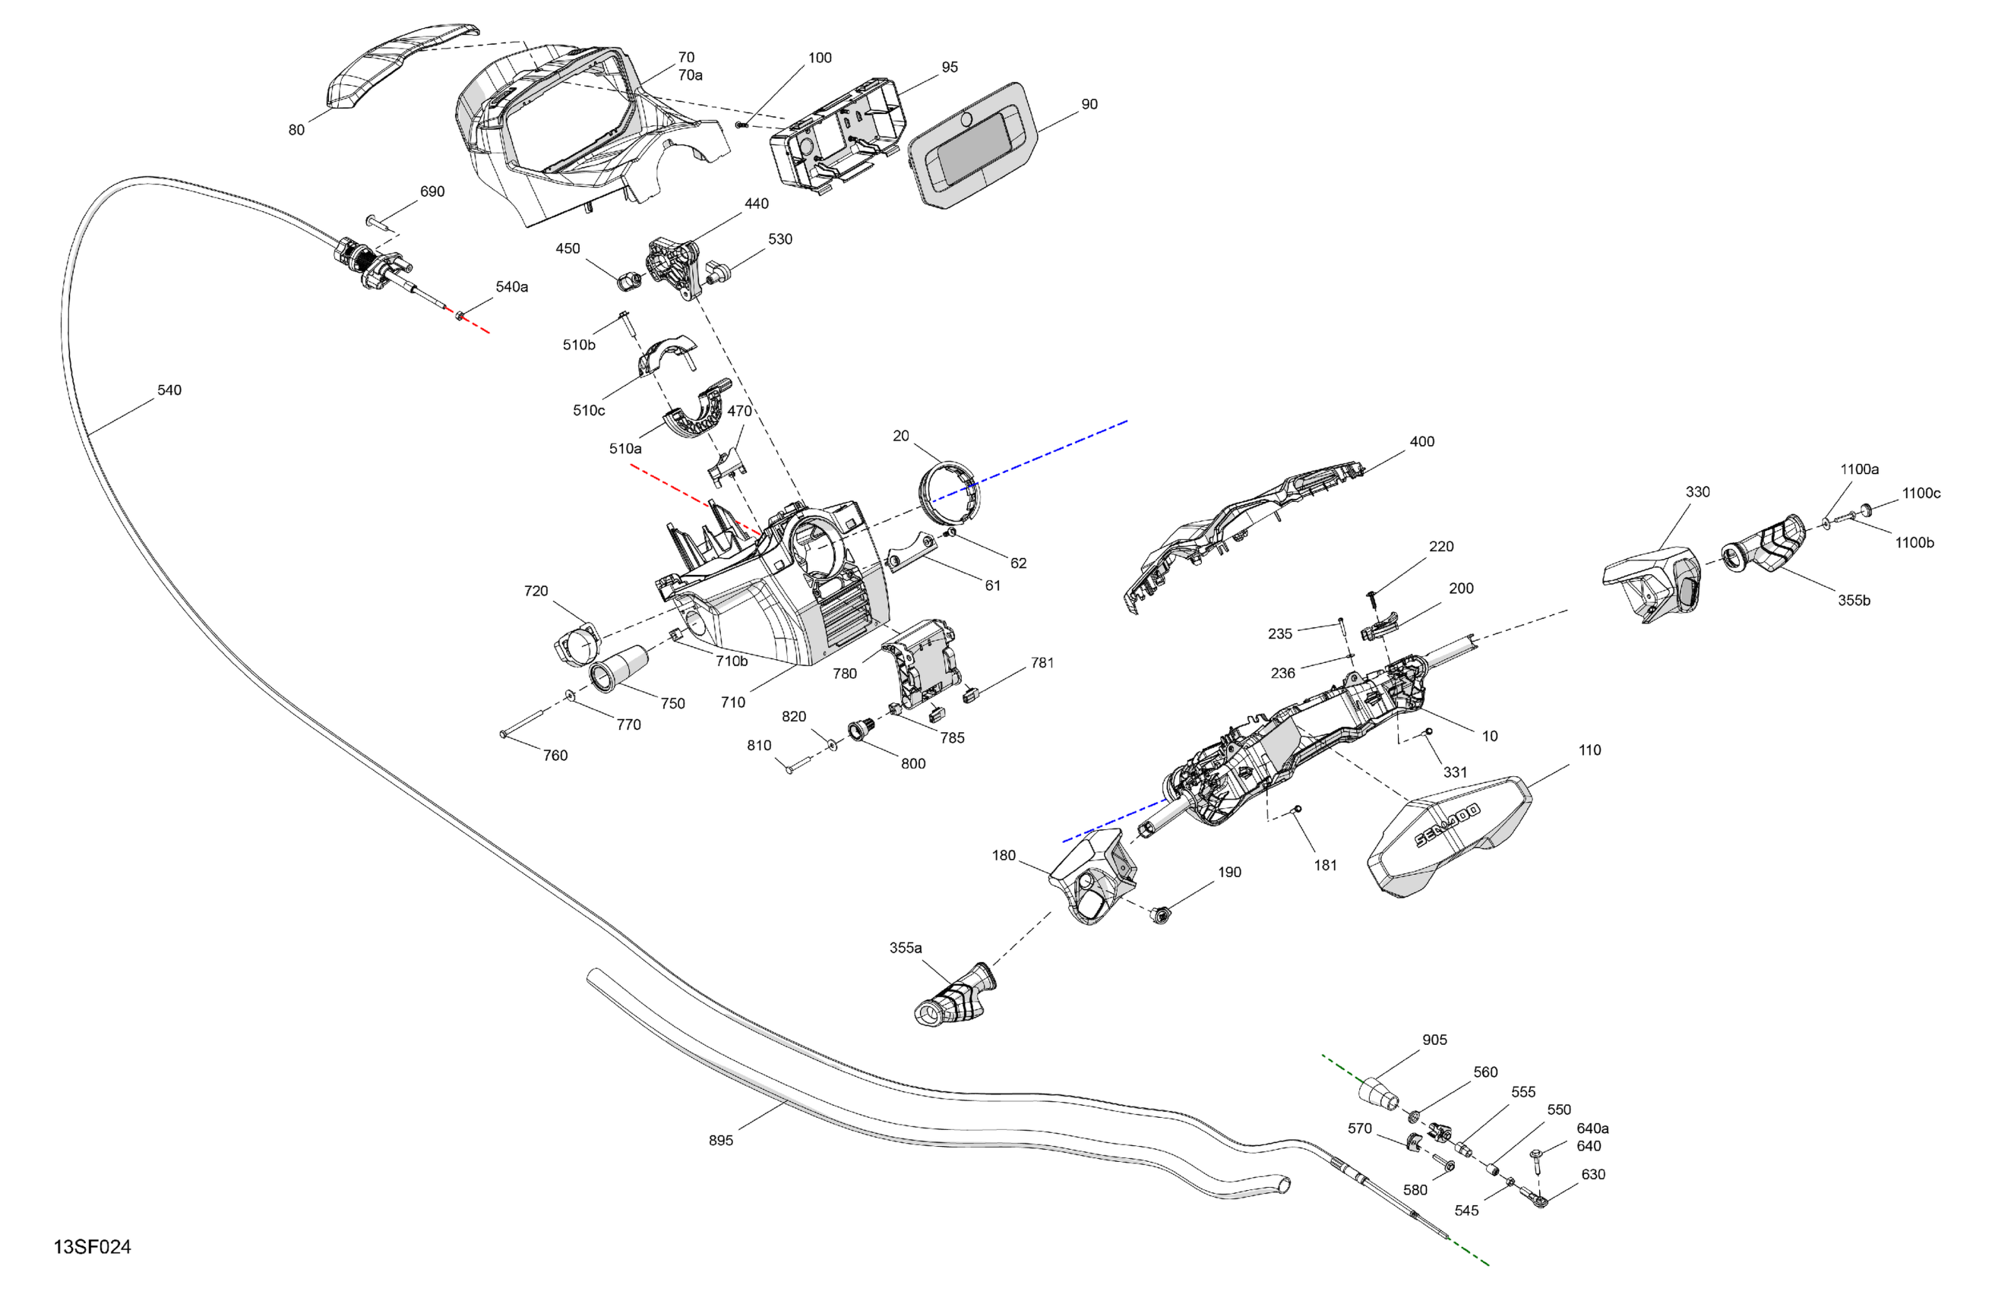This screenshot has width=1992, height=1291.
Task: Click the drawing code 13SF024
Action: point(92,1247)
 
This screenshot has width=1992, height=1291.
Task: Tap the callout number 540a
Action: point(511,287)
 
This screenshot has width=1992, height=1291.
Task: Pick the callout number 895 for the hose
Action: point(721,1141)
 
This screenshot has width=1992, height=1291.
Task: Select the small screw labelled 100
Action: point(740,125)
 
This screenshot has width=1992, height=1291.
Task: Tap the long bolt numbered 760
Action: point(523,723)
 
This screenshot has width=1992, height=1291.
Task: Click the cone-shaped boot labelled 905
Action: point(1377,1092)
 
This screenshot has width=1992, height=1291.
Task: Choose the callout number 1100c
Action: point(1921,494)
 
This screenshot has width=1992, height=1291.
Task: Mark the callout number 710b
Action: point(732,661)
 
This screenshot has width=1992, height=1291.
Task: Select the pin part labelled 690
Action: point(380,223)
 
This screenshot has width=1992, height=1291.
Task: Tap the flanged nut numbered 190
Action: point(1160,914)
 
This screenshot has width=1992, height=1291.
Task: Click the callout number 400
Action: point(1422,442)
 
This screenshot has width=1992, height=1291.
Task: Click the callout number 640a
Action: point(1592,1128)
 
